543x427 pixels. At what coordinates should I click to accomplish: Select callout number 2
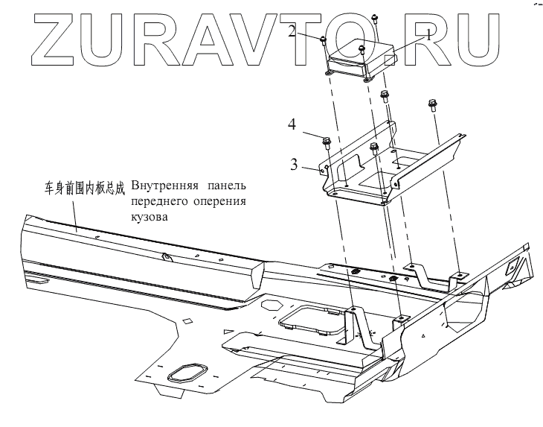(x=292, y=31)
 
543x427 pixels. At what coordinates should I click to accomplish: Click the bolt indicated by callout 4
(x=327, y=140)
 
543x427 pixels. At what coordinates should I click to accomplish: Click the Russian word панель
(x=226, y=185)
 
